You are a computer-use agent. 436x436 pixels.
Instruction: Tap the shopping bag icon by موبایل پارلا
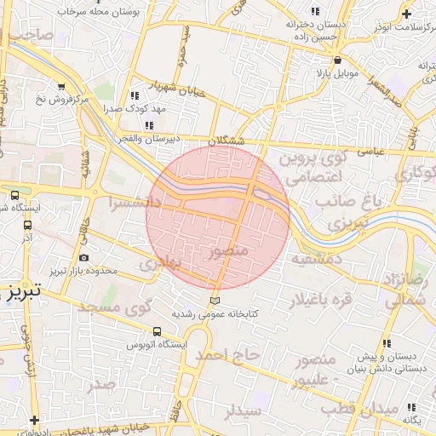pos(339,60)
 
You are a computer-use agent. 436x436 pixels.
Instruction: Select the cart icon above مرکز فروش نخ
pos(61,86)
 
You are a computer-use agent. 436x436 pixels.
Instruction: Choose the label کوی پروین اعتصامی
pos(316,169)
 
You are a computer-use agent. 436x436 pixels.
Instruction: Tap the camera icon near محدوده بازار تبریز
pos(83,258)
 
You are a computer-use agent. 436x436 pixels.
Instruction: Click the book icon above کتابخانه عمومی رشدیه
pos(215,301)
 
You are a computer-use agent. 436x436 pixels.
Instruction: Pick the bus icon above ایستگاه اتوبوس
pos(157,332)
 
